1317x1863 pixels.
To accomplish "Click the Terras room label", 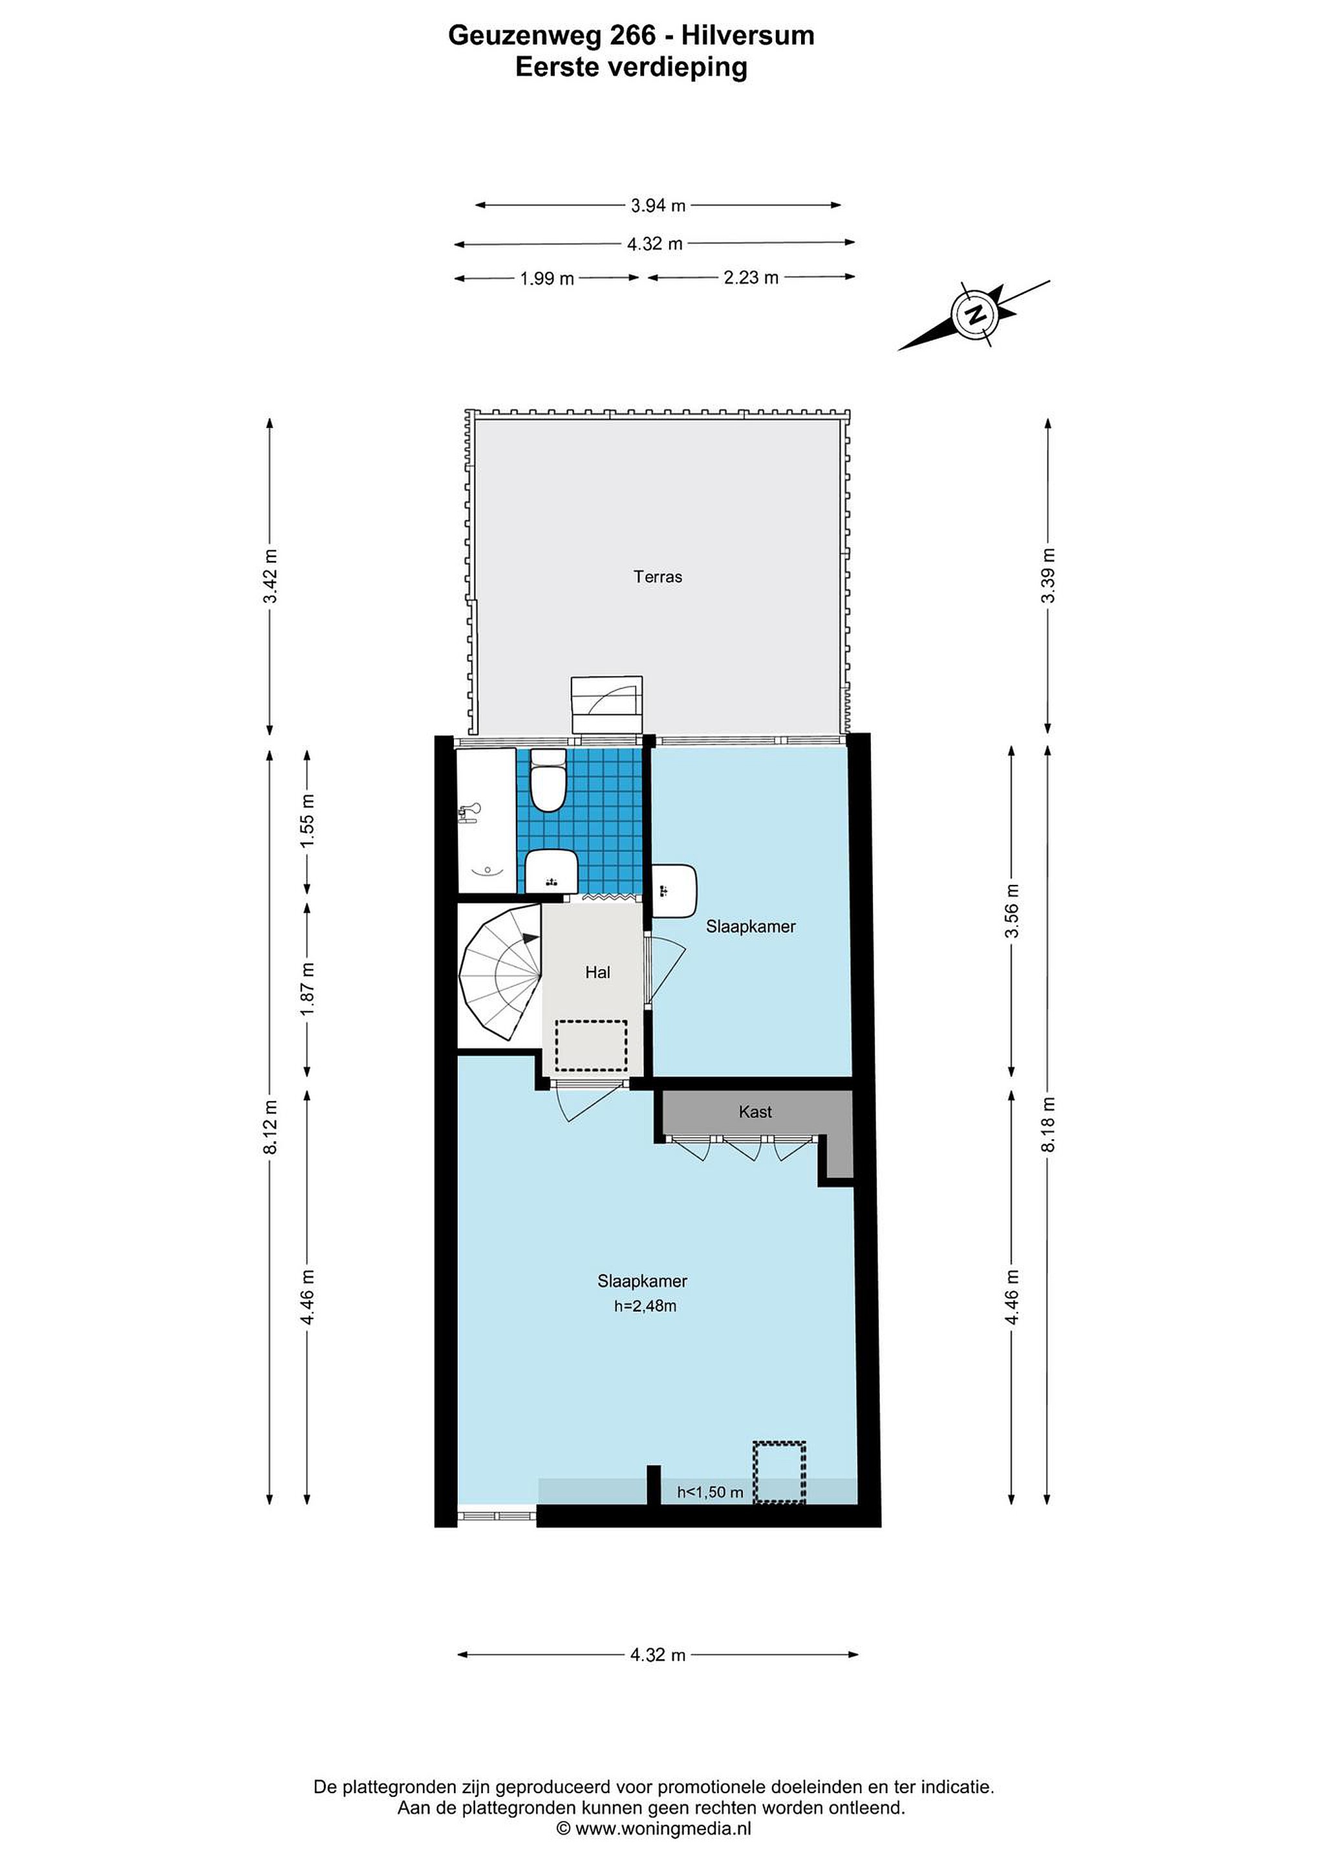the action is tap(658, 577).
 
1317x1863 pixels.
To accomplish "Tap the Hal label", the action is tap(597, 972).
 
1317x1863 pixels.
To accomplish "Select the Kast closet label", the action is tap(755, 1111).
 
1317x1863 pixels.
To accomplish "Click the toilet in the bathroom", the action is tap(548, 781).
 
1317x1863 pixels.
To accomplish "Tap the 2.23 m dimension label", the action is tap(751, 278).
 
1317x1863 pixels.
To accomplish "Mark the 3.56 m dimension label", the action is tap(1012, 910).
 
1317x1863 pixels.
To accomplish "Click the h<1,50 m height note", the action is tap(711, 1492).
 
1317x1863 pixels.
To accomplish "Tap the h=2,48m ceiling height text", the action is tap(645, 1307).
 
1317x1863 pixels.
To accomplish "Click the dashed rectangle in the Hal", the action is tap(591, 1046).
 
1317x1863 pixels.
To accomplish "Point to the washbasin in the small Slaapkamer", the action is tap(675, 891).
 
